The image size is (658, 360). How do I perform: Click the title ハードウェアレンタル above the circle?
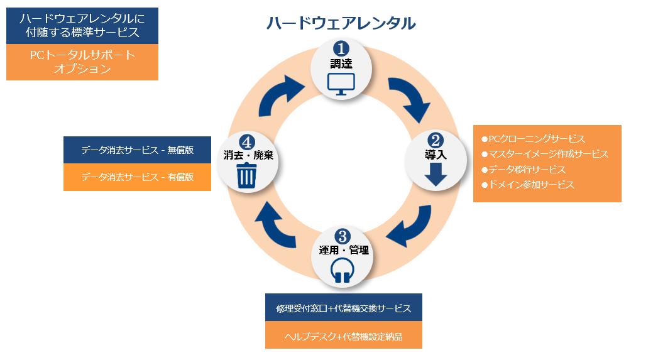click(x=341, y=23)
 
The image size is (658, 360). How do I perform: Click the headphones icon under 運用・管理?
click(x=341, y=270)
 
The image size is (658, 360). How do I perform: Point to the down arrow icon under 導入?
click(x=436, y=174)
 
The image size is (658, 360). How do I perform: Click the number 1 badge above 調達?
click(x=341, y=48)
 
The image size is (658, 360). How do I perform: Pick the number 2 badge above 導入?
click(x=436, y=141)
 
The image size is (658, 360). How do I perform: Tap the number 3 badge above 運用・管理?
click(x=342, y=236)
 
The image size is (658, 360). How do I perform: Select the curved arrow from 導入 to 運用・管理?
click(x=410, y=230)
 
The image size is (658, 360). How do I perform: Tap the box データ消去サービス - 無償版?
click(x=137, y=151)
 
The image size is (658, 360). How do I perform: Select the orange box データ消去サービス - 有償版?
click(x=137, y=177)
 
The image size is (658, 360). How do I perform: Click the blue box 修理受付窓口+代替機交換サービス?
click(x=343, y=308)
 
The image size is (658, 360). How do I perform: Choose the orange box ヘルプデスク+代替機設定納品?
click(x=343, y=336)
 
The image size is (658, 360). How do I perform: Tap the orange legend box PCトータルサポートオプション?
click(x=82, y=62)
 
